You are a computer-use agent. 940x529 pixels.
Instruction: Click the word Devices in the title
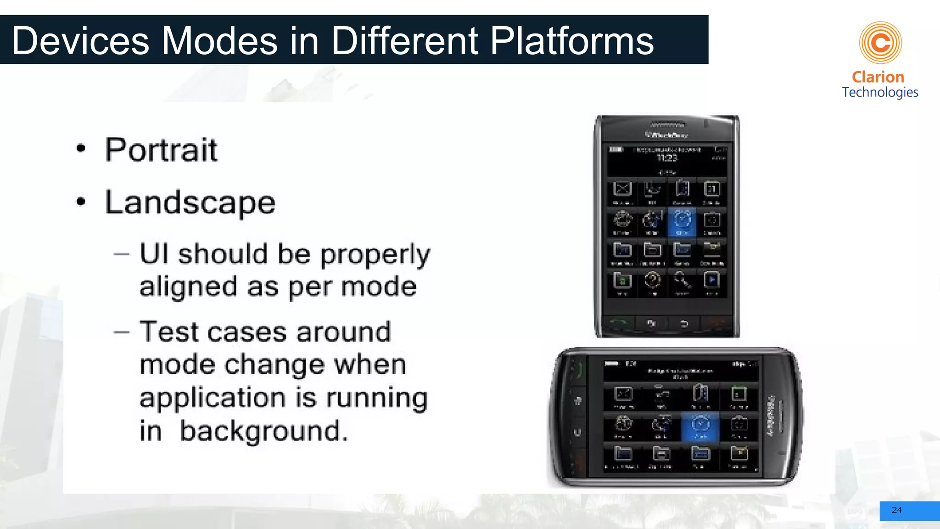[80, 41]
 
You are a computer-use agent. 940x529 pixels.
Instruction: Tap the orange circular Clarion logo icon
[880, 43]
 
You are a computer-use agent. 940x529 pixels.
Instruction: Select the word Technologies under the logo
[880, 92]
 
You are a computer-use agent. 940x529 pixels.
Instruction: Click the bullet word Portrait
[161, 150]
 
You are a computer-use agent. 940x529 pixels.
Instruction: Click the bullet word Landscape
[190, 203]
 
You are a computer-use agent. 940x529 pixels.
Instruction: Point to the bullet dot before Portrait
[81, 148]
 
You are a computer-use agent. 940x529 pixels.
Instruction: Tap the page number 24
[896, 510]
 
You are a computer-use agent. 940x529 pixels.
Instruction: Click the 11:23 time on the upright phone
[667, 158]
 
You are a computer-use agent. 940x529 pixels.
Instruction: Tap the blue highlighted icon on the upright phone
[682, 222]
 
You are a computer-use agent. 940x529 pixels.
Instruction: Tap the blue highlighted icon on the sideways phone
[700, 426]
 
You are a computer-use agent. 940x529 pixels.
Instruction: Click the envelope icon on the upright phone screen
[622, 190]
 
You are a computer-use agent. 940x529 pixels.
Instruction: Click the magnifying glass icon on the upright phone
[682, 280]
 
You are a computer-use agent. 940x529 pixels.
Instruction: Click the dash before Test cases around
[122, 332]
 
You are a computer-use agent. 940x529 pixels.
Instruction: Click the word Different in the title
[404, 41]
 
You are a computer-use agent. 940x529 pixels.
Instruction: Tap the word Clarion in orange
[878, 77]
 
